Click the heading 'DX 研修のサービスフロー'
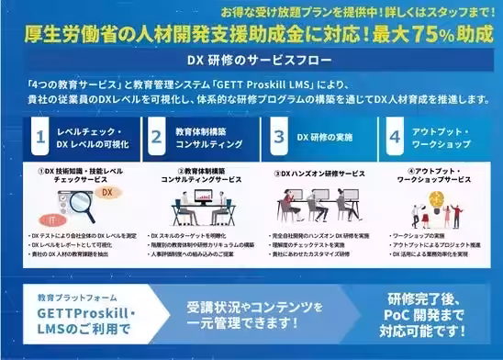point(250,60)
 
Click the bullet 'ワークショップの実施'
point(419,235)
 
